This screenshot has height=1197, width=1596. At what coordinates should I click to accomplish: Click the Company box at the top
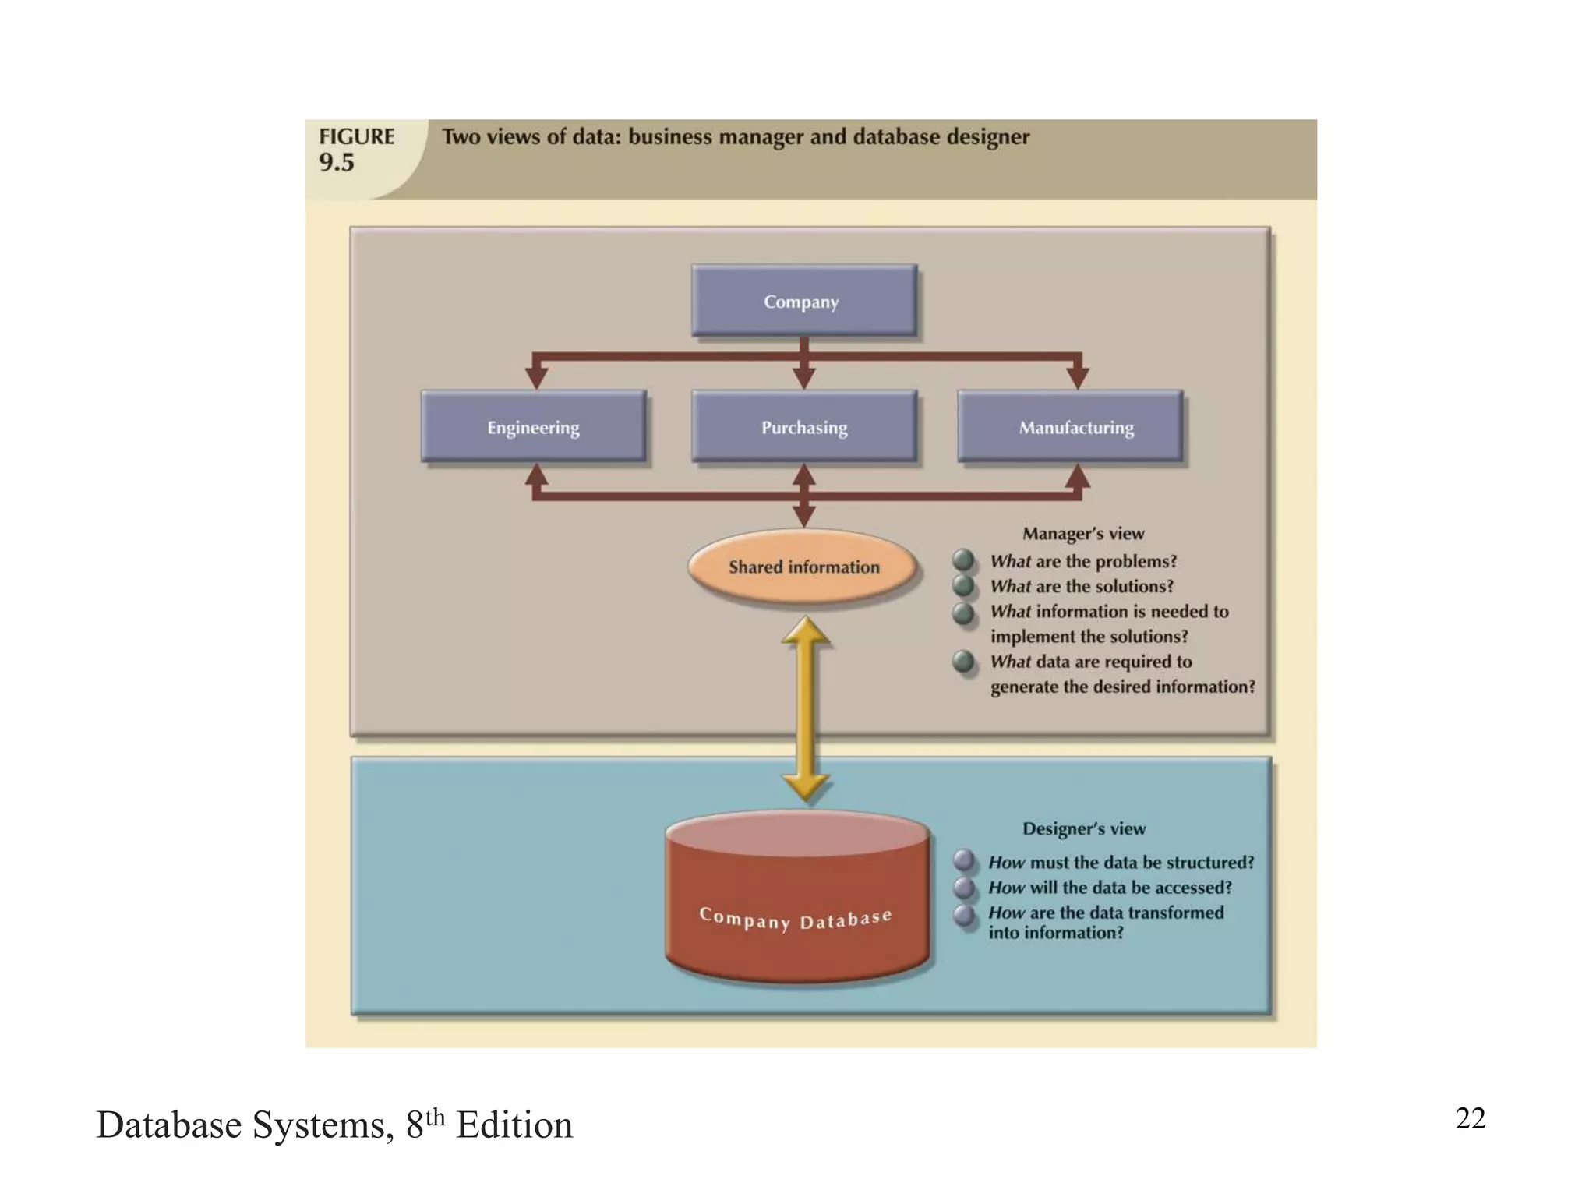coord(803,301)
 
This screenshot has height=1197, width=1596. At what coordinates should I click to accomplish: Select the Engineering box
coord(534,427)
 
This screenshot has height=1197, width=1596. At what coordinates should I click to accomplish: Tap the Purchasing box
coord(803,427)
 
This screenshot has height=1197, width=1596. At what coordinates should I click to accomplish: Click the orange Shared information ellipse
coord(803,567)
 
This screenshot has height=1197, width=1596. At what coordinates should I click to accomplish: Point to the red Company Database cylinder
coord(796,904)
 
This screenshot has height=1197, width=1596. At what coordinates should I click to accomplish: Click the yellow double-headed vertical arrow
coord(805,709)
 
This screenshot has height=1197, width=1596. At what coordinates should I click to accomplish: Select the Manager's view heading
coord(1083,534)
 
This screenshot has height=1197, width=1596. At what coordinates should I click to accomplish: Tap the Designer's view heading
coord(1084,828)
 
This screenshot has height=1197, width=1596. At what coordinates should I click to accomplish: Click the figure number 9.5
coord(337,163)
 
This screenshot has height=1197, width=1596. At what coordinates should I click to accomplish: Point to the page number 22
coord(1470,1118)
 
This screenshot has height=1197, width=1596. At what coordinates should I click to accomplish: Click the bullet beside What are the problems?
coord(964,560)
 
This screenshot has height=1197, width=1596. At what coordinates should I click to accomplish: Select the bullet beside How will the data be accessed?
coord(965,888)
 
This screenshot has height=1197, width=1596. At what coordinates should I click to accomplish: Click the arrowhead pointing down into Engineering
coord(536,377)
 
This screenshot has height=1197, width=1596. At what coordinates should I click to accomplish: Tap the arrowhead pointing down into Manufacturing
coord(1077,377)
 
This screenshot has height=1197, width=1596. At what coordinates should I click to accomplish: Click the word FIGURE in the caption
coord(356,136)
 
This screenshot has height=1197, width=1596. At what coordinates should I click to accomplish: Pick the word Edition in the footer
coord(514,1125)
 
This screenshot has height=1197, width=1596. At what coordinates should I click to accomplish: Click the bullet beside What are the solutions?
coord(964,585)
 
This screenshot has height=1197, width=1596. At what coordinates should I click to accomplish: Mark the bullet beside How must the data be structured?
coord(965,861)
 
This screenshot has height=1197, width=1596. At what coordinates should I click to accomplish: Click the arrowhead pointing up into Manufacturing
coord(1077,475)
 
